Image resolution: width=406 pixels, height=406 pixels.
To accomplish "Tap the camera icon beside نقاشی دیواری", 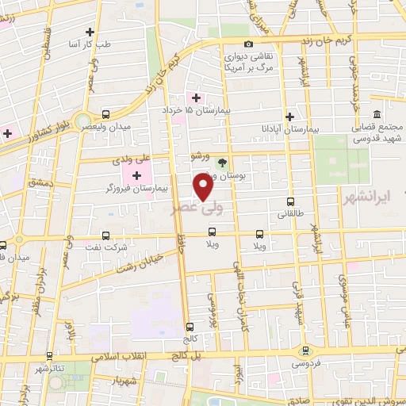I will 249,44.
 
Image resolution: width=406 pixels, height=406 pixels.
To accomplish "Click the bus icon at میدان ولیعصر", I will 105,114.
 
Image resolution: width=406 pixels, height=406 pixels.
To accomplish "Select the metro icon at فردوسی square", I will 304,350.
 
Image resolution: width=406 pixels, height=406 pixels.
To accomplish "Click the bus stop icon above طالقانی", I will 290,201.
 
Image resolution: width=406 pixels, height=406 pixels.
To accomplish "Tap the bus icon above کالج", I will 190,326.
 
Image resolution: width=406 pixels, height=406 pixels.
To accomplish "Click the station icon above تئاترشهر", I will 49,356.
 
